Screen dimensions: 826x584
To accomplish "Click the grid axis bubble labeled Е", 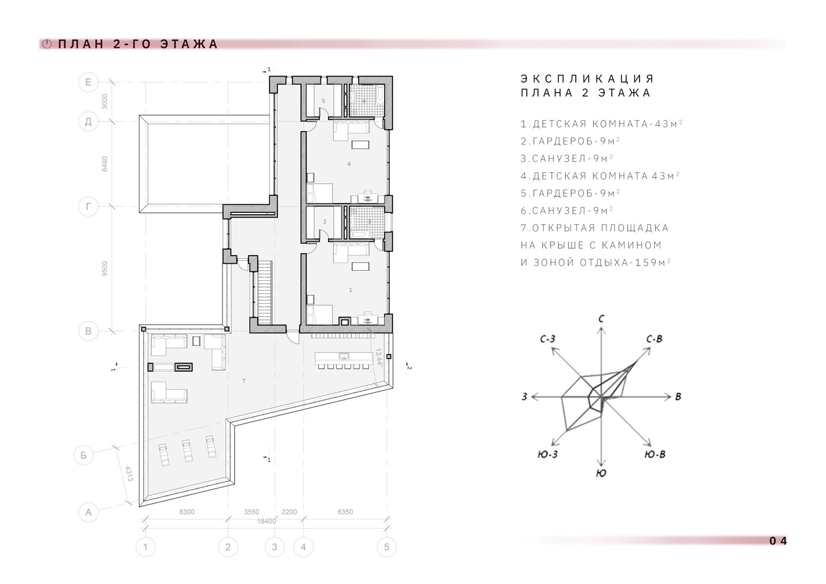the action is pyautogui.click(x=88, y=82).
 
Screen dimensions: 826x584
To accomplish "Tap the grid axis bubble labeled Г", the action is pyautogui.click(x=88, y=206).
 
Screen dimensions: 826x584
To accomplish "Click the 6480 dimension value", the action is pyautogui.click(x=105, y=164).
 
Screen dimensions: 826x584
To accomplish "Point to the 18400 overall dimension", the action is pyautogui.click(x=266, y=521).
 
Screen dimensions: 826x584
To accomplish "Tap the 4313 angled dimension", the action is pyautogui.click(x=129, y=473).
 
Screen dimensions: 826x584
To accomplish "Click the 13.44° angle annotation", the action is pyautogui.click(x=379, y=356).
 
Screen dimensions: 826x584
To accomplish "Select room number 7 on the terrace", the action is pyautogui.click(x=243, y=381).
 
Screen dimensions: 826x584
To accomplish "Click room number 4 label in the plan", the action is pyautogui.click(x=349, y=164).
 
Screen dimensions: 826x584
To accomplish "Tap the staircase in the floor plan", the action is pyautogui.click(x=264, y=293).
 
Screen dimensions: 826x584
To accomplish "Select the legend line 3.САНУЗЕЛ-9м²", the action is pyautogui.click(x=567, y=159).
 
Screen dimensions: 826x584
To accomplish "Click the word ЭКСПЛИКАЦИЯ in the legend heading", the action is pyautogui.click(x=587, y=78).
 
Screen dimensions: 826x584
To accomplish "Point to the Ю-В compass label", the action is pyautogui.click(x=655, y=455).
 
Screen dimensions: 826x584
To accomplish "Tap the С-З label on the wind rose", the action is pyautogui.click(x=548, y=339).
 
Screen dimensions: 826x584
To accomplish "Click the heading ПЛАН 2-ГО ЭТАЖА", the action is pyautogui.click(x=138, y=44).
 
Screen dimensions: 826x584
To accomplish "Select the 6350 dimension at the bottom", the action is pyautogui.click(x=345, y=512).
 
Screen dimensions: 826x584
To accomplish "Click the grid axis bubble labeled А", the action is pyautogui.click(x=88, y=512).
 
